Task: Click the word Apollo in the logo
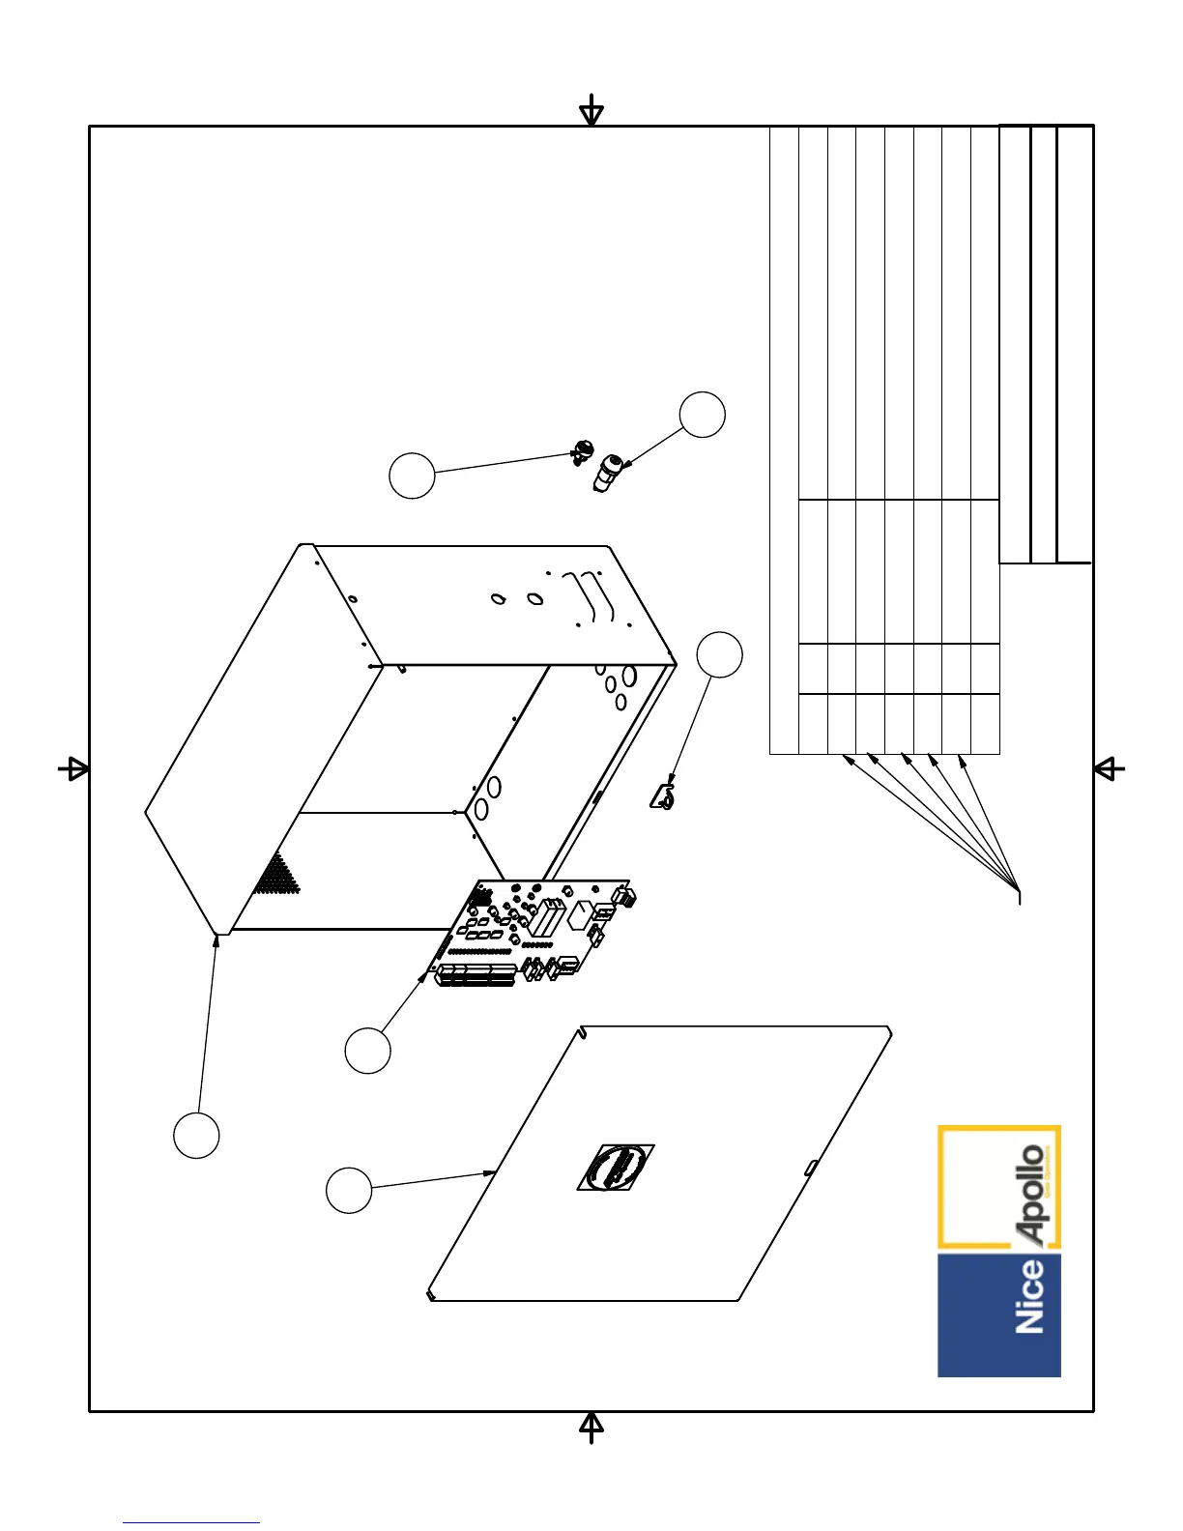1031,1194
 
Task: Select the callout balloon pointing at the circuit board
367,1051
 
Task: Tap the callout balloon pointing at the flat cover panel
349,1190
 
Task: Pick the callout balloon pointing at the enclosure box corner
196,1135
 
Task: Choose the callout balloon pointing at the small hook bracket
720,655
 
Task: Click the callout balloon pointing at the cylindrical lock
703,415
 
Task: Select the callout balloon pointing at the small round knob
412,476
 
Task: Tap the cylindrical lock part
608,473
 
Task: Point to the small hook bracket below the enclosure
663,797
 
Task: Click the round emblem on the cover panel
617,1168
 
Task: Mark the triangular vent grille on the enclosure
278,875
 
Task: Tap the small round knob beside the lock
583,450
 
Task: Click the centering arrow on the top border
591,112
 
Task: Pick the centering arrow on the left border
74,769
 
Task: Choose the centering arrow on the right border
1109,769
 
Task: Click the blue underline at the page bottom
191,1522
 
